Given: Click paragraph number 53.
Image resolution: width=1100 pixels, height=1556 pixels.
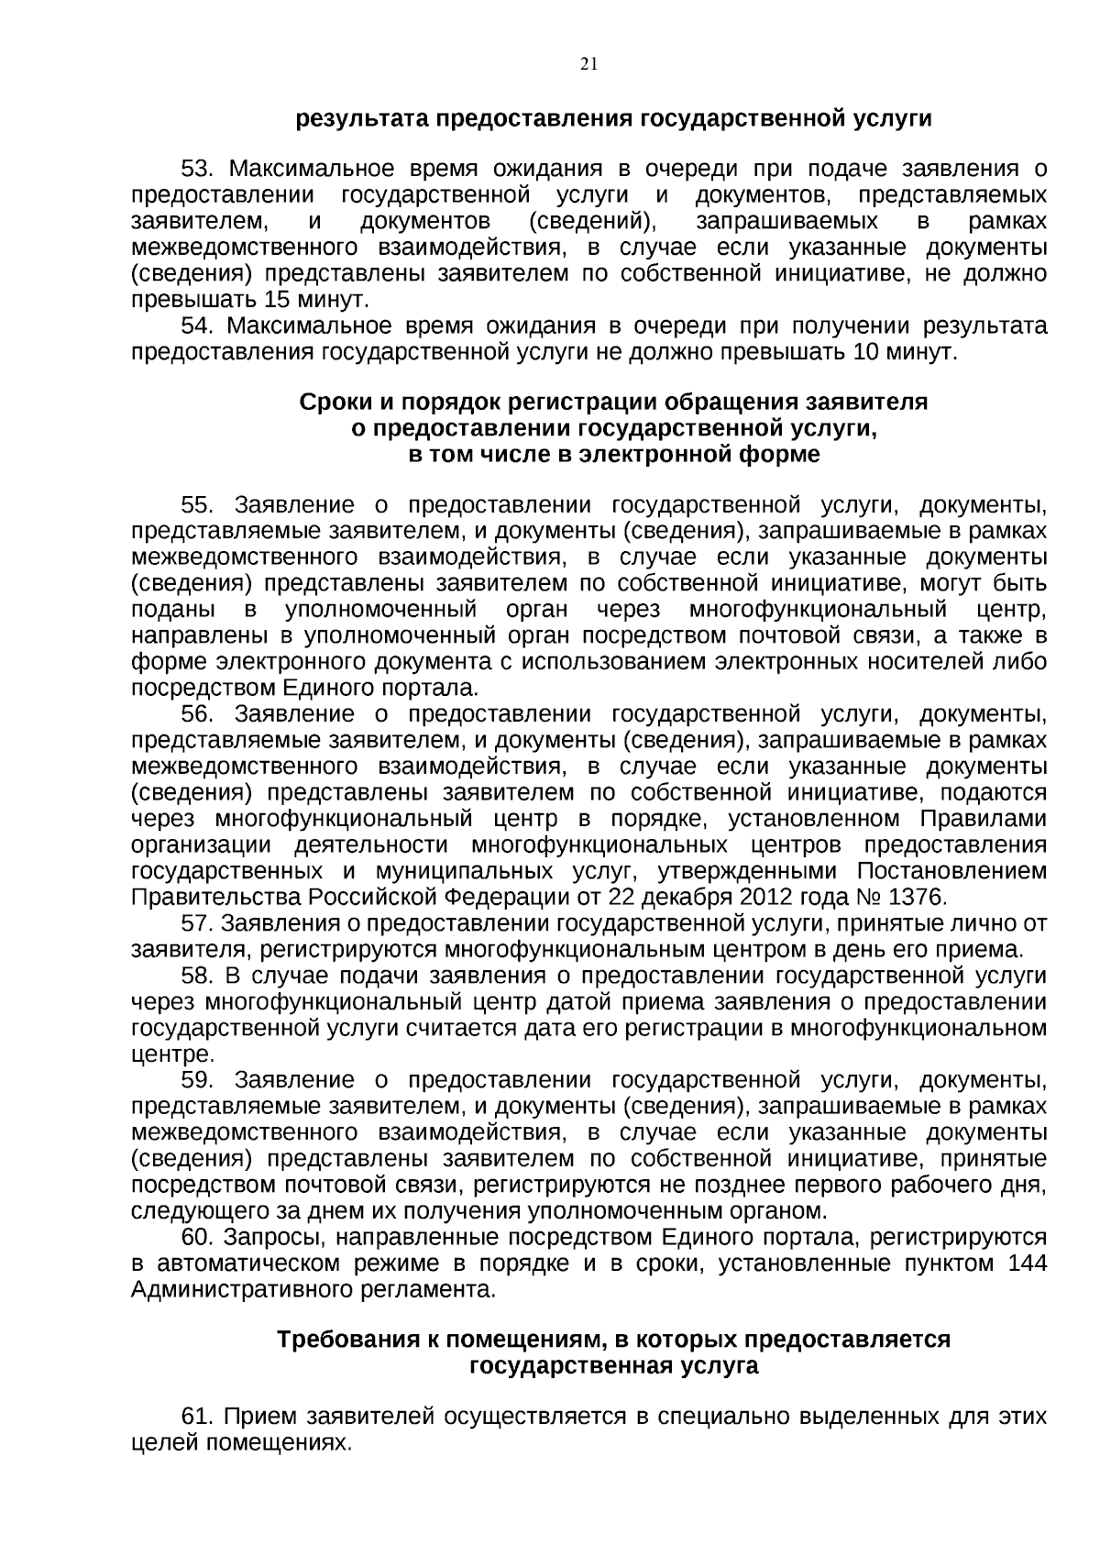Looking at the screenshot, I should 197,170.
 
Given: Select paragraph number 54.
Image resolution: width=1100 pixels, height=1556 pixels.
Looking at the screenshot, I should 196,326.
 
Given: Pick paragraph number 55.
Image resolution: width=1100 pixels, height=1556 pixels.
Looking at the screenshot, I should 197,505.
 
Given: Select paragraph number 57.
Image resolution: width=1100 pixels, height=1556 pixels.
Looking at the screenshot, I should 196,922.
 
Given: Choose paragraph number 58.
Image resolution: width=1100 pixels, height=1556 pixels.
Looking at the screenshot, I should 197,976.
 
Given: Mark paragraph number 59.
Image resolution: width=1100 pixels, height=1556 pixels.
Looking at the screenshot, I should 197,1080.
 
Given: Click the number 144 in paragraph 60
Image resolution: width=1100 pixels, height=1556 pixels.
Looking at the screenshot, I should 1027,1264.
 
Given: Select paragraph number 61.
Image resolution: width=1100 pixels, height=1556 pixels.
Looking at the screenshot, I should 196,1417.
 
